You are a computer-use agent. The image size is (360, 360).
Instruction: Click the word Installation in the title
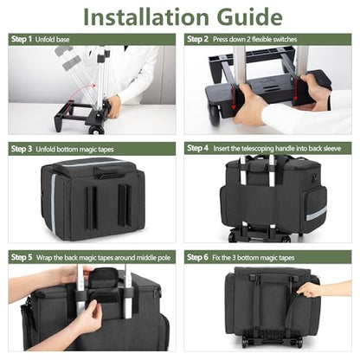tap(145, 17)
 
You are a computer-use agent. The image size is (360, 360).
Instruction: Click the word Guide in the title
tap(249, 17)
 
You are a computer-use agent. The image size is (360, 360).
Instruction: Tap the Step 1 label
tap(22, 39)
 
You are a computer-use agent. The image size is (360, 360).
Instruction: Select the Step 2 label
tap(197, 39)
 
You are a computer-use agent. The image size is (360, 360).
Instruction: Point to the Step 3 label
tap(22, 149)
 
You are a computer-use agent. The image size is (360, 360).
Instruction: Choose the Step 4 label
tap(197, 148)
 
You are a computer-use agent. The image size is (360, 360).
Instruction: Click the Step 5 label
tap(22, 257)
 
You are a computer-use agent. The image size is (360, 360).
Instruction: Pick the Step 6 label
tap(197, 257)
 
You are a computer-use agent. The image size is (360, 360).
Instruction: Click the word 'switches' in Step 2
tap(285, 39)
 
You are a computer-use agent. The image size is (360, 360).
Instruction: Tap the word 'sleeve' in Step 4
tap(332, 149)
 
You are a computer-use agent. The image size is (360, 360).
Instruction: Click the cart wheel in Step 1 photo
tap(96, 130)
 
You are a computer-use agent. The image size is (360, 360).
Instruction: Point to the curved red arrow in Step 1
tap(80, 93)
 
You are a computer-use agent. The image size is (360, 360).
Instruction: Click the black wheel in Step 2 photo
tap(215, 116)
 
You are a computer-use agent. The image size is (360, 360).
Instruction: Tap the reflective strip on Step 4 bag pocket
tap(316, 214)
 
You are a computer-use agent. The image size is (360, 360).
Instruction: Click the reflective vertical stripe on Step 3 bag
tap(53, 203)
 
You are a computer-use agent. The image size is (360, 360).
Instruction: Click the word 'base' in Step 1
tap(63, 40)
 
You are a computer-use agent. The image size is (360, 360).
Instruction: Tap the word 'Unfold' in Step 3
tap(45, 149)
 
